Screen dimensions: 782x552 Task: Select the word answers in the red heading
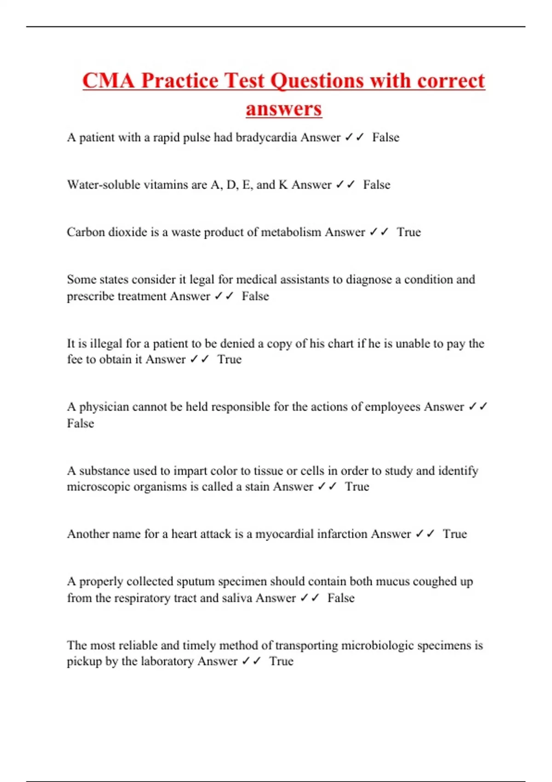tap(283, 109)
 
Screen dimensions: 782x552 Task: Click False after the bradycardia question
tap(385, 138)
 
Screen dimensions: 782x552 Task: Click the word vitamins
tap(166, 185)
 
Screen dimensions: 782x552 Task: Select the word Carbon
tap(86, 232)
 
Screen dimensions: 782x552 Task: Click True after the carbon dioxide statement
tap(408, 232)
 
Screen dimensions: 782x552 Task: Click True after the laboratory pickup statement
tap(281, 661)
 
